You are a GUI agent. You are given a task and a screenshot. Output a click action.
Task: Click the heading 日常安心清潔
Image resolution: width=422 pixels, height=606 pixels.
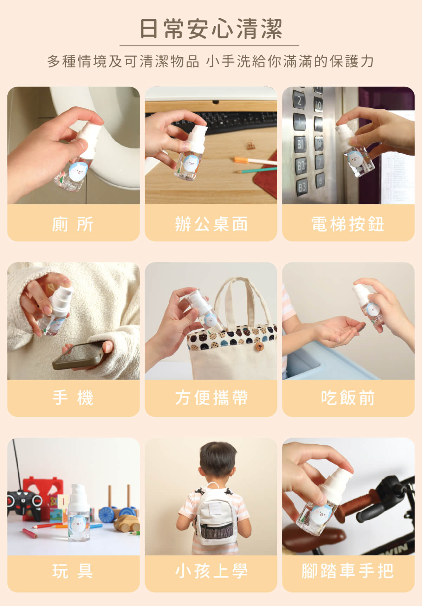pyautogui.click(x=211, y=28)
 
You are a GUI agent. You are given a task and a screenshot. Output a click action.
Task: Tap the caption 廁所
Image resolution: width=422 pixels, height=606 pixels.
pyautogui.click(x=73, y=224)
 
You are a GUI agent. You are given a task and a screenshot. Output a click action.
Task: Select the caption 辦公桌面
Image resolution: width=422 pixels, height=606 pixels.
pyautogui.click(x=211, y=224)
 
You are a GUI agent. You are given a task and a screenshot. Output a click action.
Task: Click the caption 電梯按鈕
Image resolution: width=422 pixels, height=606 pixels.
pyautogui.click(x=348, y=224)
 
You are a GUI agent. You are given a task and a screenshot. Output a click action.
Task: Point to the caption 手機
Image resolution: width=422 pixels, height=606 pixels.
pyautogui.click(x=73, y=398)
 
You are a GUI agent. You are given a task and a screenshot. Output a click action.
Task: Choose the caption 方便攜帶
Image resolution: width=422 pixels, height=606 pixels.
pyautogui.click(x=211, y=398)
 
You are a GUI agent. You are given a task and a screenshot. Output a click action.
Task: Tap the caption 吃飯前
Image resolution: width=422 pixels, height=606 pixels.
pyautogui.click(x=348, y=398)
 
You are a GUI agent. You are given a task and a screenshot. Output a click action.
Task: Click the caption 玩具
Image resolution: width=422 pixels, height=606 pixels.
pyautogui.click(x=73, y=571)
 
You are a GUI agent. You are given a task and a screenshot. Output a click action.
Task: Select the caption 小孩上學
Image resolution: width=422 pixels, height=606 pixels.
pyautogui.click(x=211, y=571)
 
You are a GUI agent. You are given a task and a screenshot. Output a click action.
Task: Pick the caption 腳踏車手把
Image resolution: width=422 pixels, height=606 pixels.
pyautogui.click(x=348, y=571)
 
